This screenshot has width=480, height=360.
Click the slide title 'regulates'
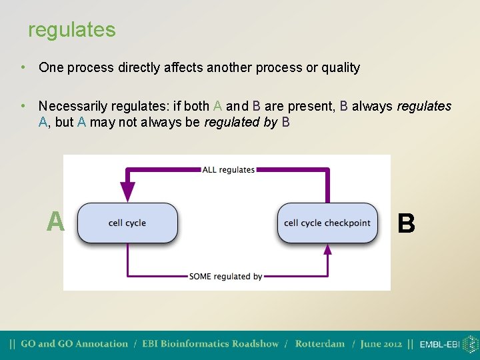tap(71, 30)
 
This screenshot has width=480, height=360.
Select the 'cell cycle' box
tap(127, 223)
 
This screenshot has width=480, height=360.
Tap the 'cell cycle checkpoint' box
tap(327, 223)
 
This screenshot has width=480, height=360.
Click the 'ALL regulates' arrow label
tap(229, 169)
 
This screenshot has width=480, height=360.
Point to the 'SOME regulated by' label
tap(225, 276)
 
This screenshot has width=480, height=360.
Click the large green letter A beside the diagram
tap(55, 222)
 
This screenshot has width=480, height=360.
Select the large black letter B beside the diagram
tap(406, 223)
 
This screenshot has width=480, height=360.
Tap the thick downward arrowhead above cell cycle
tap(127, 191)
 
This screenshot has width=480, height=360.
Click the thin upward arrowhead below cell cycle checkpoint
tap(327, 249)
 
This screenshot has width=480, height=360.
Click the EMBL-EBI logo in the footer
tap(449, 344)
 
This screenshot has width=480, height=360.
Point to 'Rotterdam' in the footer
tap(319, 344)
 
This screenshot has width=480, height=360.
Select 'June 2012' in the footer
tap(381, 344)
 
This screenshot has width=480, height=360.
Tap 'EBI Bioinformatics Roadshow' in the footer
tap(210, 344)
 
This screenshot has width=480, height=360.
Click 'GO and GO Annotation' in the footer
tap(74, 344)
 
